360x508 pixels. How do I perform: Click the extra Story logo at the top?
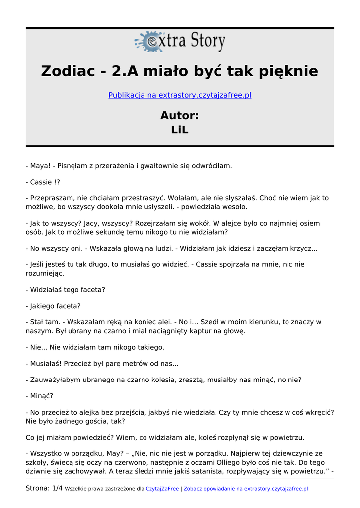click(180, 42)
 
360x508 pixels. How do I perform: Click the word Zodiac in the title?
click(68, 71)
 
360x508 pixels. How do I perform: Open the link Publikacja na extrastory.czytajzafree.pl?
click(180, 95)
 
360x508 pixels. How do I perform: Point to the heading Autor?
click(180, 116)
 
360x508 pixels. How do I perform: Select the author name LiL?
click(180, 130)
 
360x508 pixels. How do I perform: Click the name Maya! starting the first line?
click(40, 166)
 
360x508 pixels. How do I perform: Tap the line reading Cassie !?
click(45, 182)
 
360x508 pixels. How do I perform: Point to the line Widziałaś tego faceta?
click(68, 290)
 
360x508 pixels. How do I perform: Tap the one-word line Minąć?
click(42, 396)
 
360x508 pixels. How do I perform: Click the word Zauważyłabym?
click(56, 380)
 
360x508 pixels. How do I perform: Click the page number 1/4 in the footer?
click(57, 489)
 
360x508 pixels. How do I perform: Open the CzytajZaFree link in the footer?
click(162, 489)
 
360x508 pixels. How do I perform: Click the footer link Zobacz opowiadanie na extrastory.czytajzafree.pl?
click(246, 489)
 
